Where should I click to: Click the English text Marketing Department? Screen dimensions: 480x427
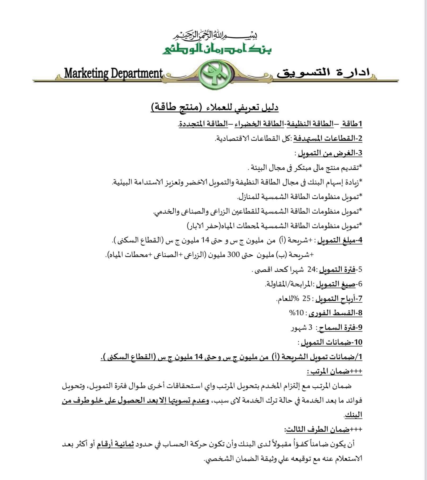click(x=113, y=73)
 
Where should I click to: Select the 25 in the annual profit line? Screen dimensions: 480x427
click(x=306, y=299)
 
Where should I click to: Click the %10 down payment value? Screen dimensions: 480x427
click(x=296, y=313)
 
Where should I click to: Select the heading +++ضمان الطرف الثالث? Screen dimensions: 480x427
click(x=323, y=429)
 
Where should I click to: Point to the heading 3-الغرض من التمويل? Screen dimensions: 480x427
click(x=330, y=153)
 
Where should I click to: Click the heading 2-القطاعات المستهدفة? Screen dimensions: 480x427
click(x=328, y=138)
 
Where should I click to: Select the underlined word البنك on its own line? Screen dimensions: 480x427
click(x=353, y=415)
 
